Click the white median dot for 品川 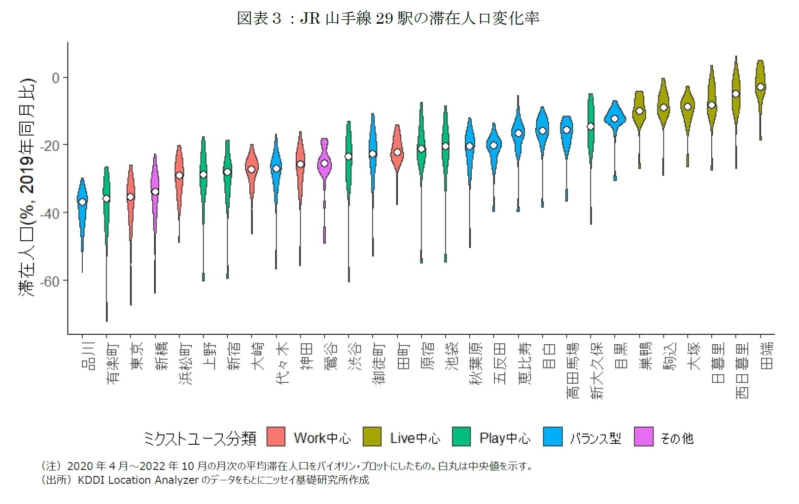point(82,202)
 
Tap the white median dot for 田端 point(761,87)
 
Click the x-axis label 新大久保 point(597,370)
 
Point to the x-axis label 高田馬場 point(573,370)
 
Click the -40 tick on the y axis point(49,214)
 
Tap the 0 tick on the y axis point(56,78)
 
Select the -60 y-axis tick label point(49,281)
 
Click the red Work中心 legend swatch point(276,437)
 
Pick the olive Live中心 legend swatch point(372,437)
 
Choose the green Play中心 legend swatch point(461,437)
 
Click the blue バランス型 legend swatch point(553,437)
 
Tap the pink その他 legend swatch point(644,437)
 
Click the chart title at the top point(388,18)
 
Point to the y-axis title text point(27,187)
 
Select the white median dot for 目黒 point(615,119)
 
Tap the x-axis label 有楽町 point(112,363)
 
